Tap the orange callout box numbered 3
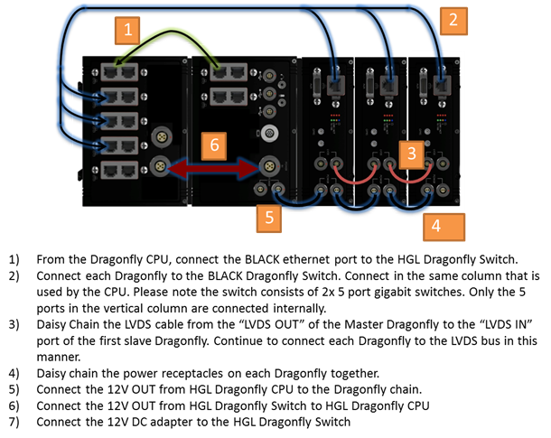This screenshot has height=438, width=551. coord(410,153)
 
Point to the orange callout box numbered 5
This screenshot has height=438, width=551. coord(268,218)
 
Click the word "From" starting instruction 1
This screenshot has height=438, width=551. coord(51,258)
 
